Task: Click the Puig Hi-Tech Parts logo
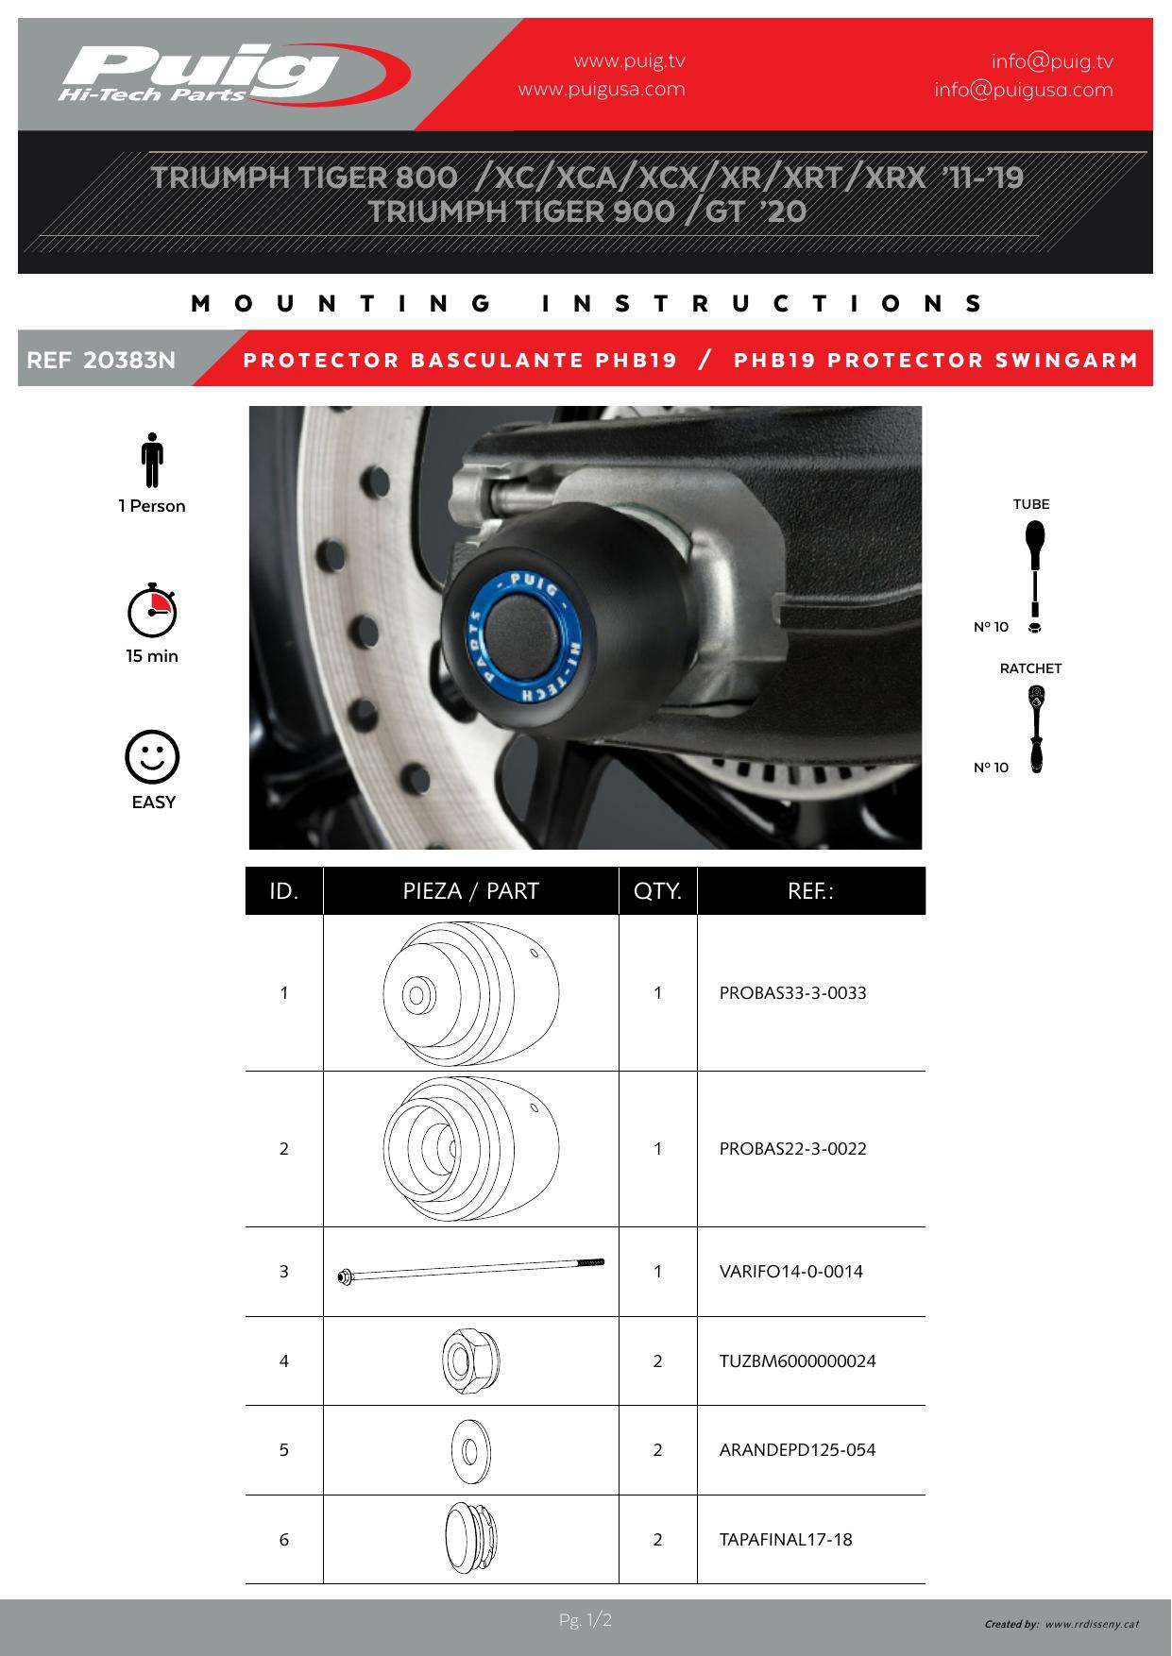(x=235, y=74)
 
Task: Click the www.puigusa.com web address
(x=602, y=90)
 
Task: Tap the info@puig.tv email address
(x=1052, y=62)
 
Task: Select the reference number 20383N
(x=129, y=360)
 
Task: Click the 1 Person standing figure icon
(x=152, y=461)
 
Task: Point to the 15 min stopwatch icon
(x=152, y=611)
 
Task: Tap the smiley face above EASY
(x=152, y=757)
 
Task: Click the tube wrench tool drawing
(x=1035, y=576)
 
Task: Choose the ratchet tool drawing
(x=1036, y=730)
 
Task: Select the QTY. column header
(x=658, y=891)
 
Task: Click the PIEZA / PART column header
(x=470, y=891)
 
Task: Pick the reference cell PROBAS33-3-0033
(x=793, y=993)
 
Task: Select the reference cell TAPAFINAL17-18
(x=786, y=1540)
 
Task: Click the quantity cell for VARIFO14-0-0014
(x=658, y=1272)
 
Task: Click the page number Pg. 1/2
(x=586, y=1621)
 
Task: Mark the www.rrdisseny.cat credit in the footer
(x=1092, y=1624)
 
